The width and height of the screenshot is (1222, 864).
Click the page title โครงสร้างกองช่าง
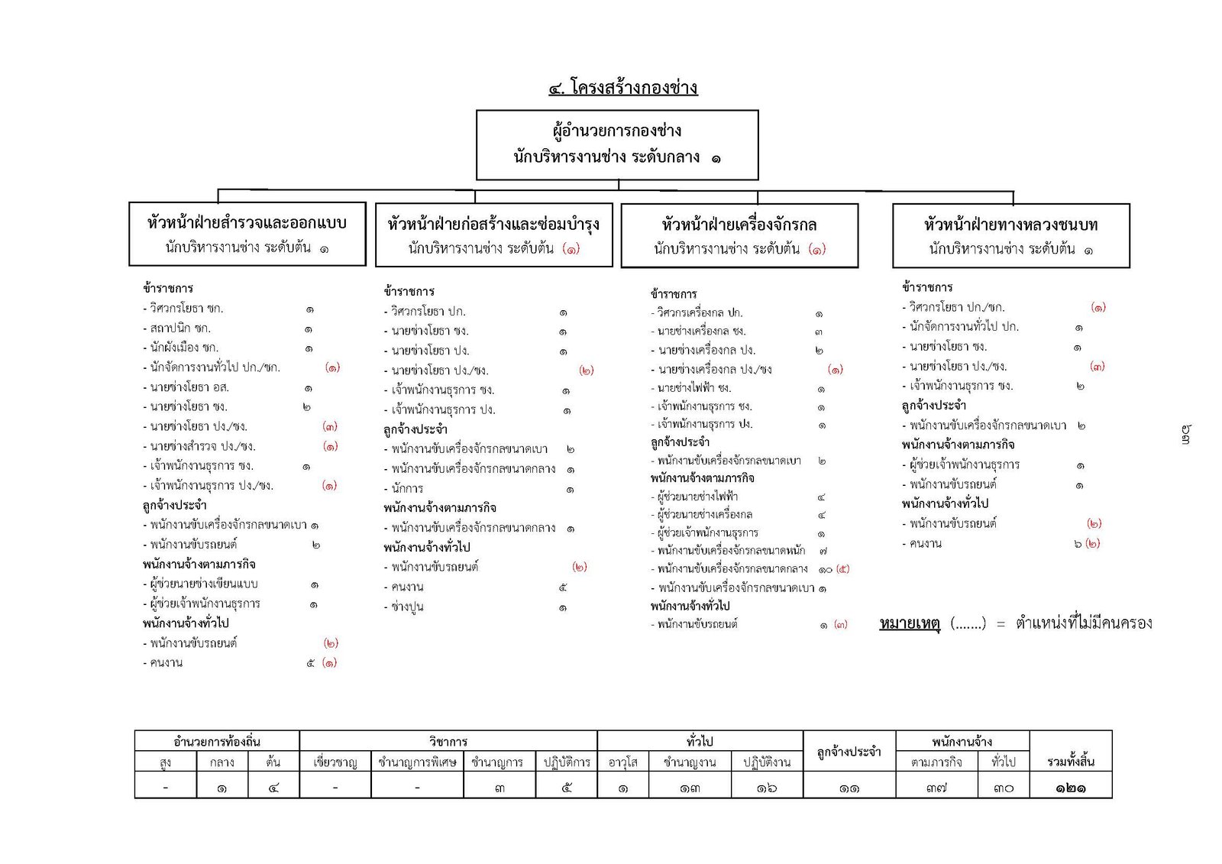click(x=633, y=88)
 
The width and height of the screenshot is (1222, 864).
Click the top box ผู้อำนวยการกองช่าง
click(x=617, y=144)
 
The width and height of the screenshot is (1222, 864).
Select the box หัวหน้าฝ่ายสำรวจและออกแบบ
click(x=247, y=234)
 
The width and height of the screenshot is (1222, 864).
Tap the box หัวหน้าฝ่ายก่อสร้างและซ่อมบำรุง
click(x=493, y=235)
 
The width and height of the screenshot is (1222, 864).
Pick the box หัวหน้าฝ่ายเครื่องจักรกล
click(x=739, y=235)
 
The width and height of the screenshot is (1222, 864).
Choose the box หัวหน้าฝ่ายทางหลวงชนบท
click(x=1010, y=235)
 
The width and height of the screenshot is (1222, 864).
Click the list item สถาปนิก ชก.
click(x=180, y=328)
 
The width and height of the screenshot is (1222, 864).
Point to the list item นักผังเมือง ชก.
click(x=184, y=348)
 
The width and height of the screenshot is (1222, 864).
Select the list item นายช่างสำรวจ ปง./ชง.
click(x=202, y=446)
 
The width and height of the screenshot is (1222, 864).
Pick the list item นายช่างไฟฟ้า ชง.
click(x=694, y=388)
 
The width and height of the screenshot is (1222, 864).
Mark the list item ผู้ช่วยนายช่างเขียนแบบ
click(x=204, y=584)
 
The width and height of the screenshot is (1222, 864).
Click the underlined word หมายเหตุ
click(x=909, y=623)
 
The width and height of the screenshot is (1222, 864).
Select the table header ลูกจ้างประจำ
click(x=849, y=752)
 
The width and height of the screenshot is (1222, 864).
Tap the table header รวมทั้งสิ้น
click(x=1070, y=762)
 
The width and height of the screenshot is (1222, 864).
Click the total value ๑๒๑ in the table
click(x=1070, y=788)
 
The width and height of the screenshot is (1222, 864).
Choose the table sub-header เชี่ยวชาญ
click(x=335, y=762)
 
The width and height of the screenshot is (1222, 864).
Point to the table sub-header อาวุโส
click(x=622, y=762)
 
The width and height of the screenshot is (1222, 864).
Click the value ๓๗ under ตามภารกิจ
click(x=936, y=788)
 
